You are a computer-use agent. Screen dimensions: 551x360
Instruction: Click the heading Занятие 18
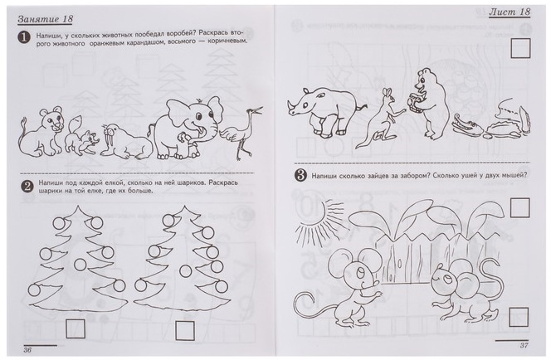(46, 19)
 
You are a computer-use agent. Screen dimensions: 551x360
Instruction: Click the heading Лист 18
(510, 12)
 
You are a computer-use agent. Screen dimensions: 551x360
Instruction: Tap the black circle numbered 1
(24, 37)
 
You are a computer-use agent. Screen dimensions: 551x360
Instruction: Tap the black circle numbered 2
(27, 187)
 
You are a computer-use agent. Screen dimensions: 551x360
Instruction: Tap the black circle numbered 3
(300, 175)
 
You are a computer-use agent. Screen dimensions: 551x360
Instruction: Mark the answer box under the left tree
(76, 328)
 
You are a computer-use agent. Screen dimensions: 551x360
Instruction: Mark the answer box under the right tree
(185, 330)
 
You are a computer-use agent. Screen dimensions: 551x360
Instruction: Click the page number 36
(27, 350)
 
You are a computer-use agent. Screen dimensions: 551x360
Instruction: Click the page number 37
(524, 345)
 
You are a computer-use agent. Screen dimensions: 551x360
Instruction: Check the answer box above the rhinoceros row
(520, 48)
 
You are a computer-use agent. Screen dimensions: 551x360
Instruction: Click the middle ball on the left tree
(80, 264)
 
